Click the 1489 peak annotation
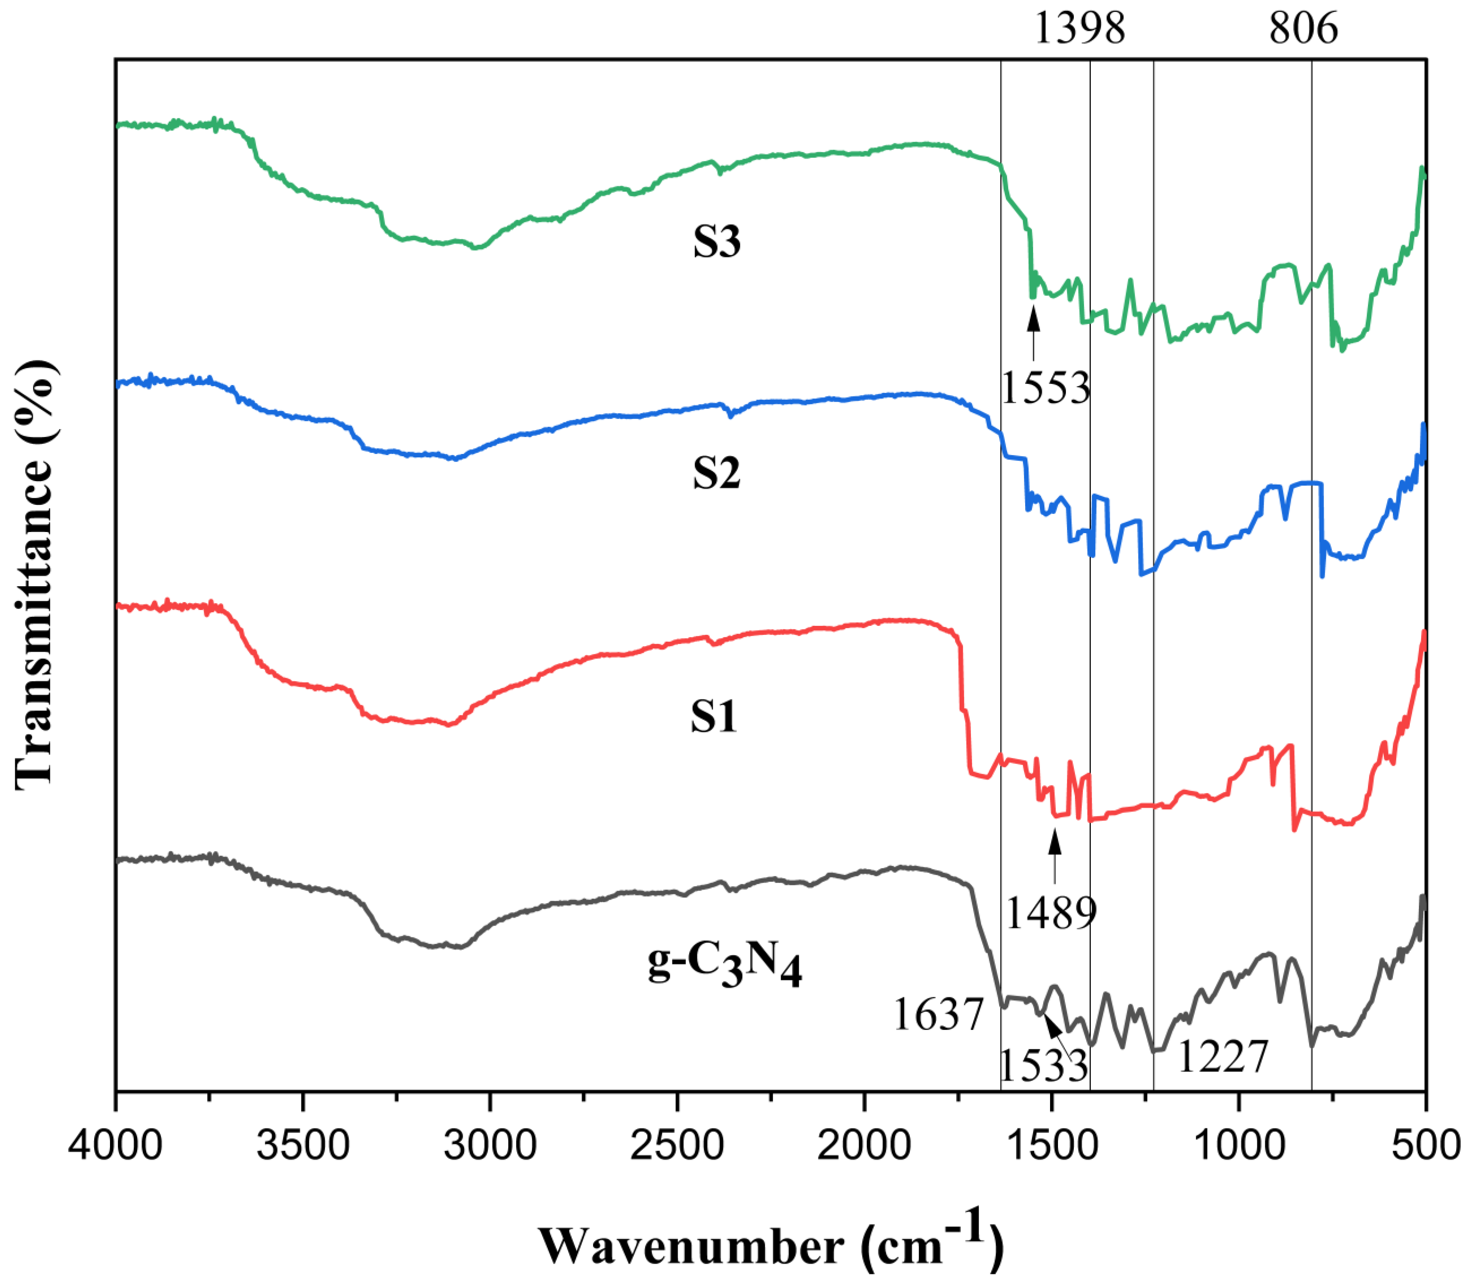[x=1051, y=913]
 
